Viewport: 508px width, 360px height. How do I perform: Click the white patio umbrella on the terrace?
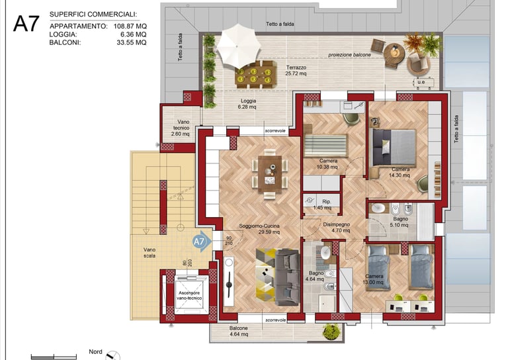(x=238, y=46)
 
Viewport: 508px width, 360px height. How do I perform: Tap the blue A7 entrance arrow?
(x=202, y=241)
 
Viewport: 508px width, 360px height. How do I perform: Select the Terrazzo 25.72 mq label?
(x=296, y=70)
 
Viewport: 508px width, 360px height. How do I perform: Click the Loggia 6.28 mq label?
(x=248, y=104)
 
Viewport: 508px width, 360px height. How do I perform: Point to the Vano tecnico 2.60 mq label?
(x=181, y=128)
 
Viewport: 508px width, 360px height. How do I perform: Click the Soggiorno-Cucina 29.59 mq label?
(x=259, y=229)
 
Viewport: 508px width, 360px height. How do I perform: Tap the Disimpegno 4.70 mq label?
(x=336, y=227)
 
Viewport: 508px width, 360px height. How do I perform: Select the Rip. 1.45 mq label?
(x=323, y=204)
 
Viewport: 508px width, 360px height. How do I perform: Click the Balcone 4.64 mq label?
(x=239, y=331)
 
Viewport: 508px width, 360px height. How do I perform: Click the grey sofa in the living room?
(x=288, y=277)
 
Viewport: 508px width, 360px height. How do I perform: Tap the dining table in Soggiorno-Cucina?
(x=270, y=174)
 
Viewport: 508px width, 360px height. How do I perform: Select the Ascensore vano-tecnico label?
(x=190, y=295)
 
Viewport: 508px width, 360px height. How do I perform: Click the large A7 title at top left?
(x=26, y=23)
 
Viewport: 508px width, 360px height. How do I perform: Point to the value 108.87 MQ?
(x=130, y=26)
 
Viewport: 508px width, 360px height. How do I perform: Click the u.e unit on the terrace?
(x=421, y=82)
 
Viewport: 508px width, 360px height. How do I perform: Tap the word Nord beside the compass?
(x=95, y=351)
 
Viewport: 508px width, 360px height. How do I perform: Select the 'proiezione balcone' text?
(x=349, y=55)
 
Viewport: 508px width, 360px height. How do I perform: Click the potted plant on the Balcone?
(x=331, y=332)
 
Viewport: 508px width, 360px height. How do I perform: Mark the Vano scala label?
(x=149, y=253)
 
